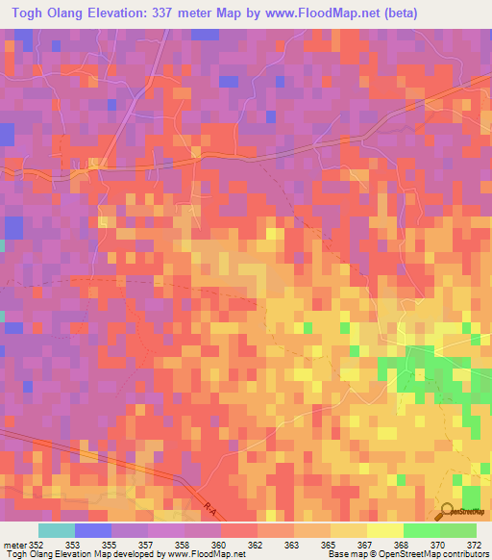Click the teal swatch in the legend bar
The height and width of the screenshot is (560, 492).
point(57,530)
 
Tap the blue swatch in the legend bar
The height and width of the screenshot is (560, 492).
point(93,530)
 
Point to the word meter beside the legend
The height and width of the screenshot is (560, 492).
point(13,544)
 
